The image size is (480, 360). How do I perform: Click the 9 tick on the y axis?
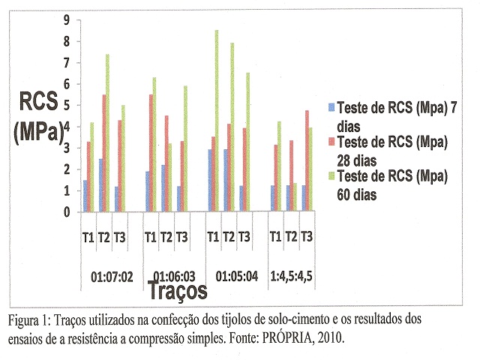(67, 20)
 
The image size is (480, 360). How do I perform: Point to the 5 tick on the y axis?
(67, 106)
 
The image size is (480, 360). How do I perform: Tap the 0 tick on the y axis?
(67, 211)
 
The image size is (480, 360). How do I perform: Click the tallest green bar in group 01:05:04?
(217, 120)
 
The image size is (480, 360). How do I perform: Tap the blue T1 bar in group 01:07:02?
(86, 196)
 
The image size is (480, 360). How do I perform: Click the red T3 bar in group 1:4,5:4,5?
(307, 160)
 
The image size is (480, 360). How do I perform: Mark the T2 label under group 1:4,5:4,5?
(292, 238)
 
